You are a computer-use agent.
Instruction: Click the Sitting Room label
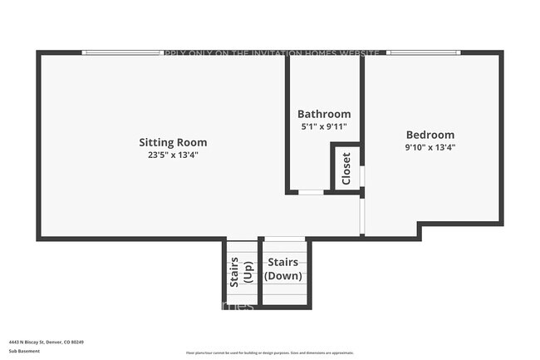(173, 142)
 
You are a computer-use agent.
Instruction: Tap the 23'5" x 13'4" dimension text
(173, 155)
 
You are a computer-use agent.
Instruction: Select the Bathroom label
(324, 114)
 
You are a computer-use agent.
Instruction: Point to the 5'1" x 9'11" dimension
(324, 126)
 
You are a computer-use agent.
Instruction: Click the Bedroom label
(430, 135)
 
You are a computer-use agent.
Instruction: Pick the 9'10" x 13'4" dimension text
(430, 147)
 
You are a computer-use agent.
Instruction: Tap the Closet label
(346, 169)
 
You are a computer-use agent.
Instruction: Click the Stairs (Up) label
(241, 273)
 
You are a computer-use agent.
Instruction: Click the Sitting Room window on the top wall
(122, 53)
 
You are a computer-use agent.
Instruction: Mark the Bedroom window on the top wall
(424, 53)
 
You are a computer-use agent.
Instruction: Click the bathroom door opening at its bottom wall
(311, 193)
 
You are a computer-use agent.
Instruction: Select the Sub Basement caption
(24, 351)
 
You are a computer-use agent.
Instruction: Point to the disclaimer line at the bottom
(269, 353)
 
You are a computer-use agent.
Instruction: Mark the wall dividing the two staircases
(259, 273)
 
